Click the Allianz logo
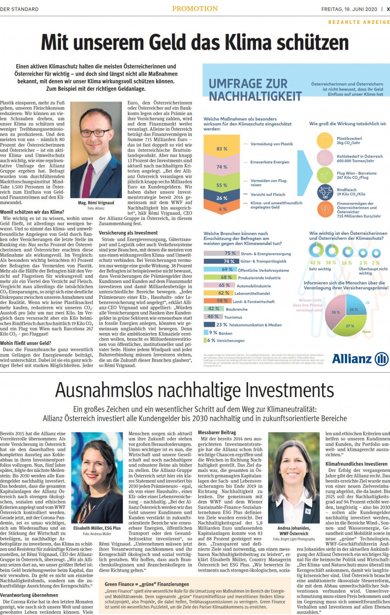pyautogui.click(x=360, y=358)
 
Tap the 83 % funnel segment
pyautogui.click(x=222, y=148)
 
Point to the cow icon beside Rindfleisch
pyautogui.click(x=325, y=191)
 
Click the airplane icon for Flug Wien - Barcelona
pyautogui.click(x=325, y=175)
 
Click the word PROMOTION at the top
pyautogui.click(x=195, y=9)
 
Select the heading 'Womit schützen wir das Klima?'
pyautogui.click(x=32, y=212)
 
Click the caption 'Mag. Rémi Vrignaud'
pyautogui.click(x=96, y=203)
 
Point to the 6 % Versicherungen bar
pyautogui.click(x=206, y=340)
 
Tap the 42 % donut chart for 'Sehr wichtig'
pyautogui.click(x=315, y=250)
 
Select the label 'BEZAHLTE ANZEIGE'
pyautogui.click(x=359, y=22)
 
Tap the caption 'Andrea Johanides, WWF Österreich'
pyautogui.click(x=294, y=531)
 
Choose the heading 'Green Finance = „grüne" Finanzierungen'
pyautogui.click(x=147, y=584)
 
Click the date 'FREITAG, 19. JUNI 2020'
pyautogui.click(x=349, y=9)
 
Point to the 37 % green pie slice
pyautogui.click(x=350, y=326)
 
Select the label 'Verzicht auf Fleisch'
pyautogui.click(x=268, y=194)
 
